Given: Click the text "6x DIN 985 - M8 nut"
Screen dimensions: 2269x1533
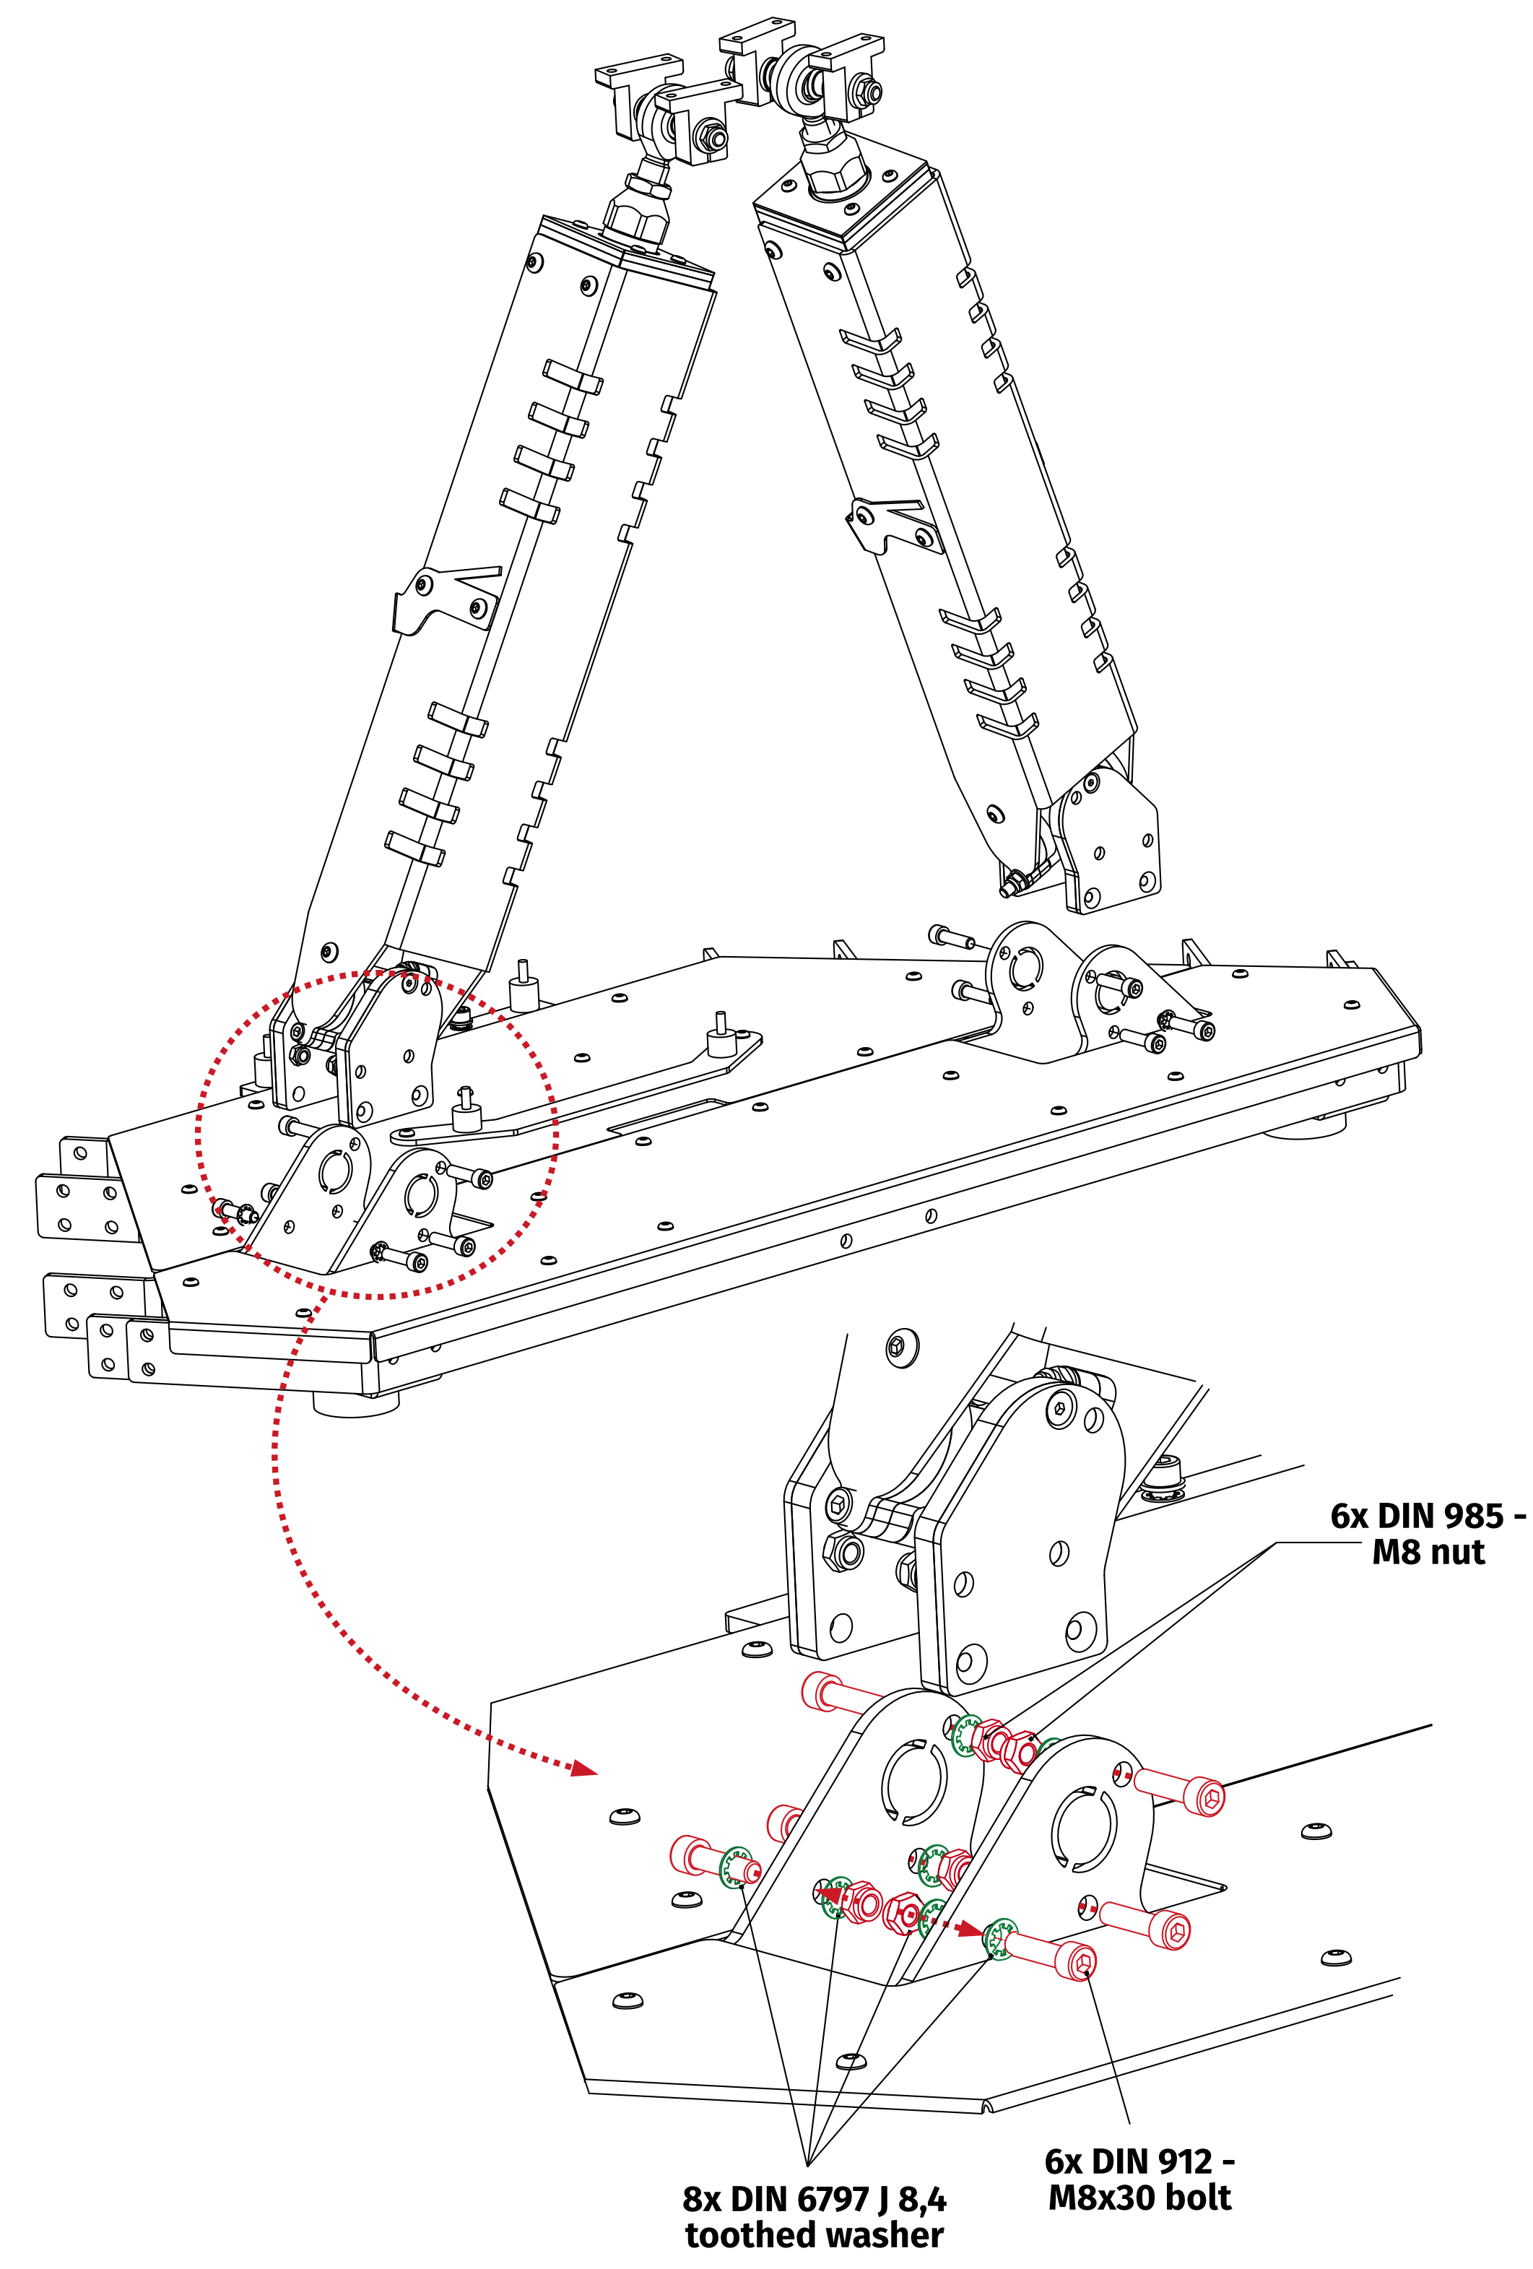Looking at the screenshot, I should pyautogui.click(x=1428, y=1534).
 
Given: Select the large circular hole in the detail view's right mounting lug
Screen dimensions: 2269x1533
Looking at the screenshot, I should pyautogui.click(x=1082, y=1831).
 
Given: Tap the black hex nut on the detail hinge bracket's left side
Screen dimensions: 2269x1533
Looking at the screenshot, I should pyautogui.click(x=843, y=1550).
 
